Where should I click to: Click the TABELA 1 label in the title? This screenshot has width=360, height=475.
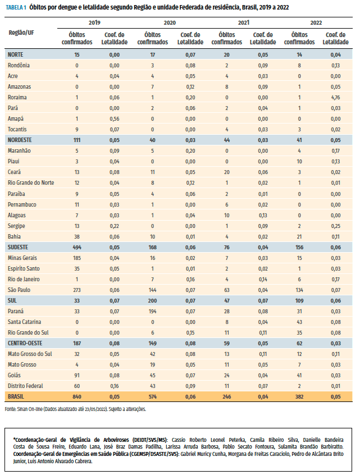(16, 7)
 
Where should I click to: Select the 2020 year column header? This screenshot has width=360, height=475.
(170, 22)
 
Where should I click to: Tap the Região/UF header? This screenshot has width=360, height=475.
(21, 33)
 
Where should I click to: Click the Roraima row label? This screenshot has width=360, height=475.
(17, 97)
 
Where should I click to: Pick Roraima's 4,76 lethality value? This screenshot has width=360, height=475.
(335, 98)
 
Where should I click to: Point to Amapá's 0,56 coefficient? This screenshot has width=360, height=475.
(114, 119)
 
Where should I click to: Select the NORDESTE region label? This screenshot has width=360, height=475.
(20, 140)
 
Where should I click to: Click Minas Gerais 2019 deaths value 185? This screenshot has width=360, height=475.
(77, 258)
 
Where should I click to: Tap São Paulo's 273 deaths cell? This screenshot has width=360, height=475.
(77, 290)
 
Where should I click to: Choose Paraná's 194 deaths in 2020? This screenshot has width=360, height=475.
(152, 312)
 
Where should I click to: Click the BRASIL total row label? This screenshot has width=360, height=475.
(16, 396)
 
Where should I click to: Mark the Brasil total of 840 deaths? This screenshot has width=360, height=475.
(77, 397)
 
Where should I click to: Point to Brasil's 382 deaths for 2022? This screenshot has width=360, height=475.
(299, 397)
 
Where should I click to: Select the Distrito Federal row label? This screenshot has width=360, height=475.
(25, 386)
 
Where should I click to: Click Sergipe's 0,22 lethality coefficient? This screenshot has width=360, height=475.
(114, 226)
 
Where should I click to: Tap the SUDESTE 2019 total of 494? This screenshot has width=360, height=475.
(77, 248)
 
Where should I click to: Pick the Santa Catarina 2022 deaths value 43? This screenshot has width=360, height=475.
(299, 322)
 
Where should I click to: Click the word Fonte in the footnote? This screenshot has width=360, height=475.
(10, 409)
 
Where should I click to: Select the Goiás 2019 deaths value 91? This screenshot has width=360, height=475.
(77, 376)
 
